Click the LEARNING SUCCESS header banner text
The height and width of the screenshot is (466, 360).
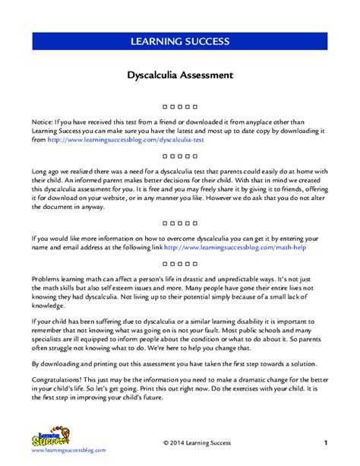pos(180,40)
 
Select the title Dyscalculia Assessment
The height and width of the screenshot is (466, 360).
pos(180,76)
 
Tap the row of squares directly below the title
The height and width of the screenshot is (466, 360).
pos(180,106)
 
